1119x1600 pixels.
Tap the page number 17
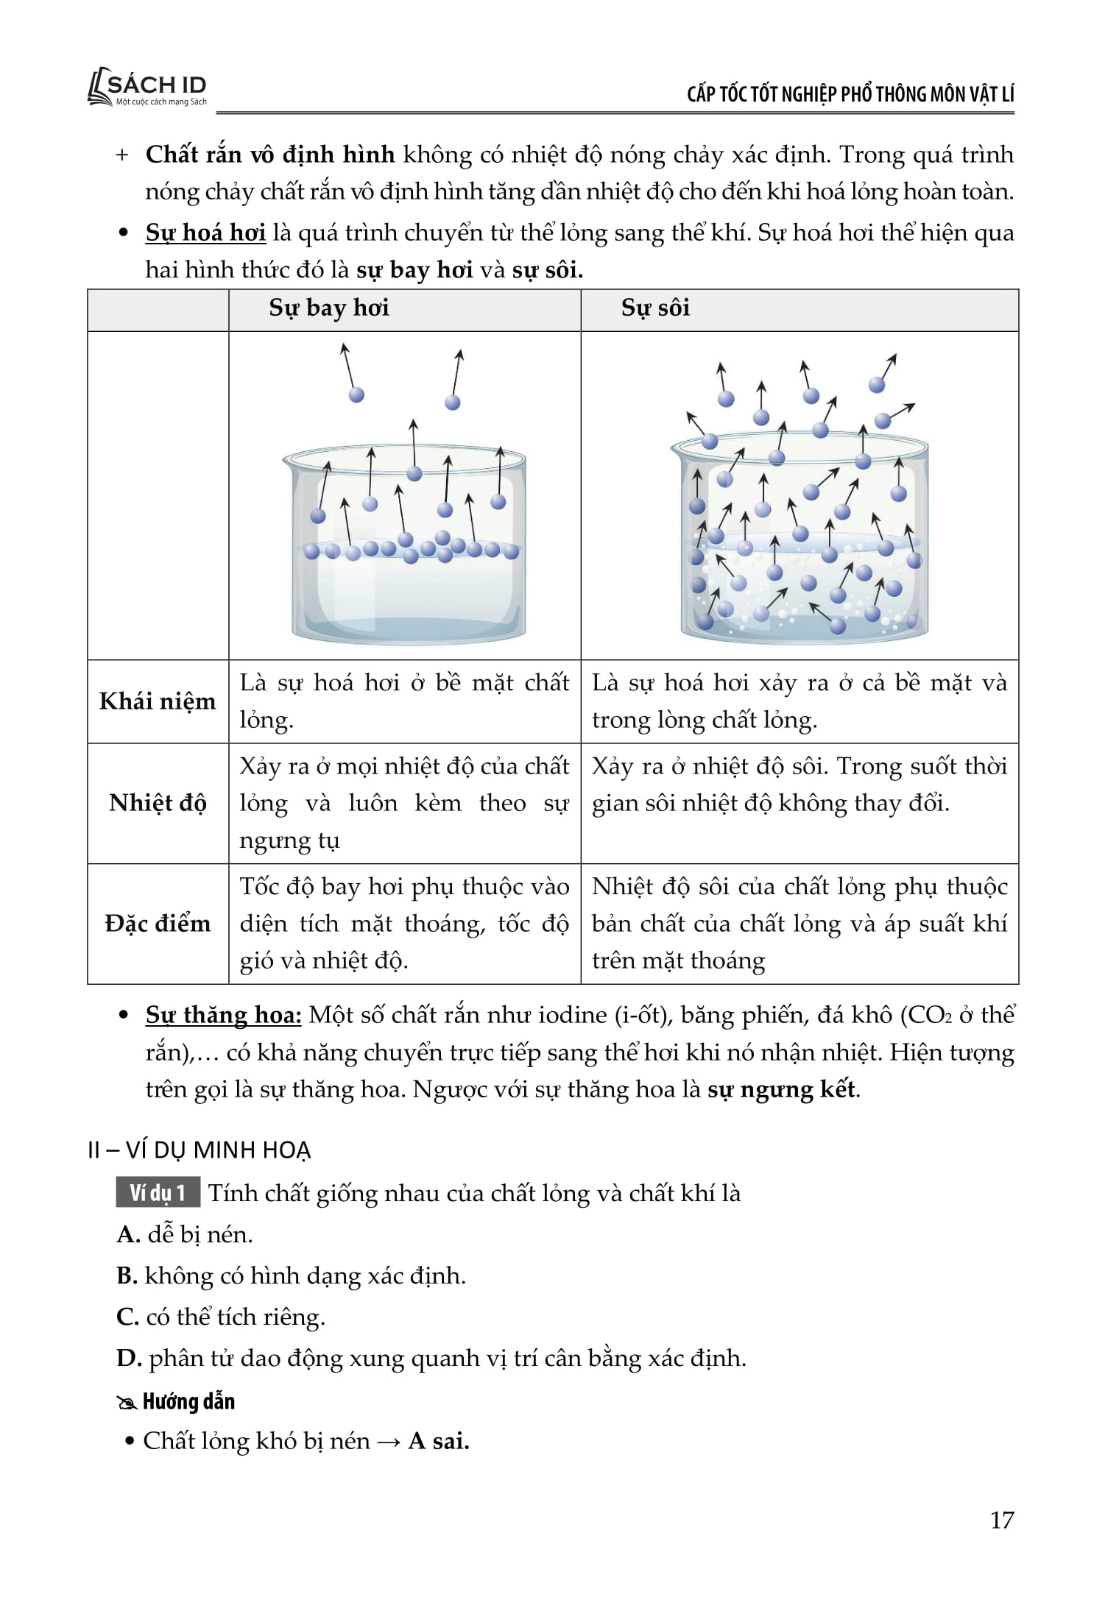1002,1520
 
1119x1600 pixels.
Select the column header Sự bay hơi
328,308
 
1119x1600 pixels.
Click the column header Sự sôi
655,308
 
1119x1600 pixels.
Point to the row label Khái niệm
158,701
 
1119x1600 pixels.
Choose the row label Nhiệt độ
158,802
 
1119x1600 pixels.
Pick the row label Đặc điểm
158,924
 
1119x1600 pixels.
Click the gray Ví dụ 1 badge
158,1193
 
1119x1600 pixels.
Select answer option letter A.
128,1234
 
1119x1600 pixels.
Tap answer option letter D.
128,1358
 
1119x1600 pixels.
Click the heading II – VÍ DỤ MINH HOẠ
200,1150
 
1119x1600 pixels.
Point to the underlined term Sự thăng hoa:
223,1015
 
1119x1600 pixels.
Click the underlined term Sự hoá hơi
205,233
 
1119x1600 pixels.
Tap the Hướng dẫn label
188,1401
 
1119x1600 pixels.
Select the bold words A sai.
439,1440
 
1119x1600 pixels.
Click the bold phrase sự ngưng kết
782,1089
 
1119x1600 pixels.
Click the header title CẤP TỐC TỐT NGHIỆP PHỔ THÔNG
850,94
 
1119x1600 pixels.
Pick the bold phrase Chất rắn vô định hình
270,155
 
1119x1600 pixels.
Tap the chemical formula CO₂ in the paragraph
930,1015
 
